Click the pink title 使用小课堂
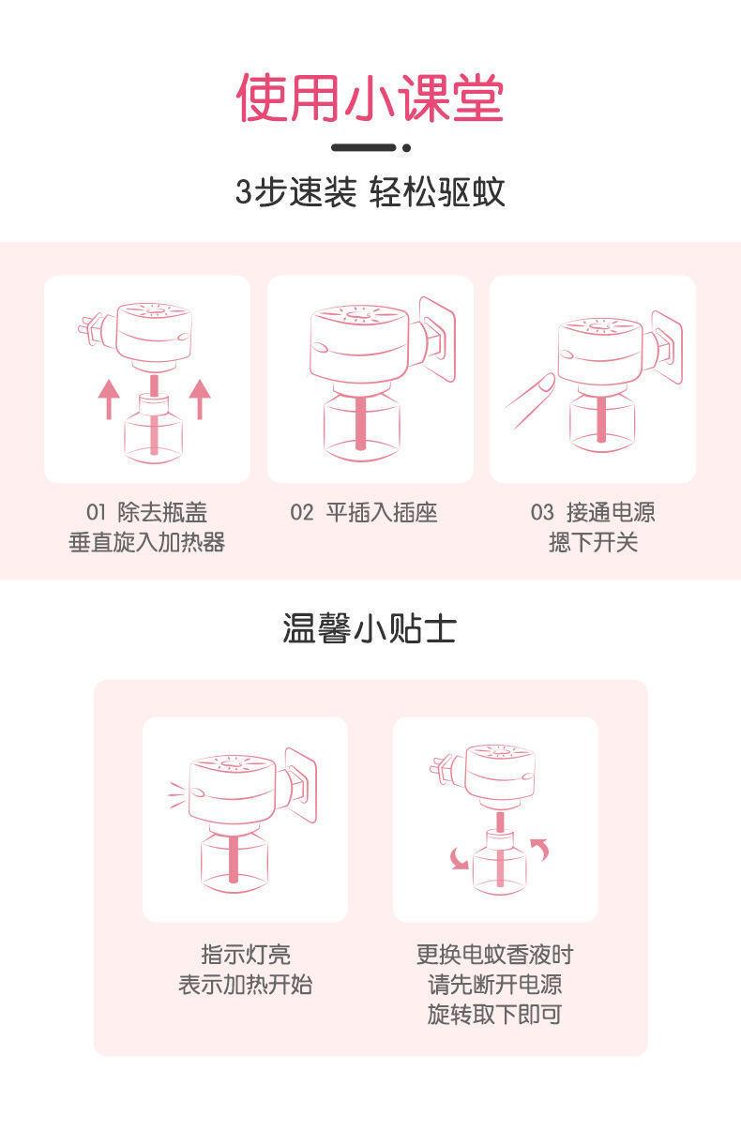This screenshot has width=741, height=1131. click(370, 98)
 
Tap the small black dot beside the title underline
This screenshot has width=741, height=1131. click(406, 148)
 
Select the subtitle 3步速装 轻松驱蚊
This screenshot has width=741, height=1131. click(370, 192)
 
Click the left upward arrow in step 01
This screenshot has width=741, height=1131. click(109, 400)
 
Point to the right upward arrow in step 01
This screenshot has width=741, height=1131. click(200, 399)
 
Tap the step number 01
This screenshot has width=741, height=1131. click(96, 512)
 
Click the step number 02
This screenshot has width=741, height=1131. click(301, 512)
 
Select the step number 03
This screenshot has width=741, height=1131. click(542, 512)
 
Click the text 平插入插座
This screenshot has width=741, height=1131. click(382, 512)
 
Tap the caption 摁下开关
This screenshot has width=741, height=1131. click(593, 543)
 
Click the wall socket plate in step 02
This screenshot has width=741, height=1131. click(439, 339)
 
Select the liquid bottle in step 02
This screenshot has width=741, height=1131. click(361, 424)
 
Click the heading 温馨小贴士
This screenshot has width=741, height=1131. click(370, 628)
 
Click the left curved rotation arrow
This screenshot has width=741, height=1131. click(460, 858)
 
